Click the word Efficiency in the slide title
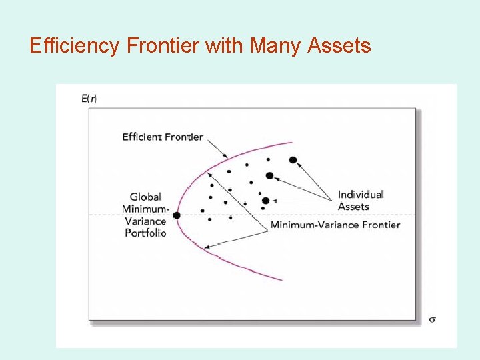pyautogui.click(x=73, y=46)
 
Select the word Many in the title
pyautogui.click(x=273, y=46)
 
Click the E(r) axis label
pyautogui.click(x=89, y=99)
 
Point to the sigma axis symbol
pyautogui.click(x=432, y=319)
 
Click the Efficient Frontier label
pyautogui.click(x=163, y=137)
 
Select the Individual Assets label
pyautogui.click(x=361, y=200)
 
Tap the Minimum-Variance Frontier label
pyautogui.click(x=335, y=225)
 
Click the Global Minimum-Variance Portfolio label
pyautogui.click(x=146, y=215)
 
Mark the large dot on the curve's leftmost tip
pyautogui.click(x=177, y=215)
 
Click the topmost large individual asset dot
pyautogui.click(x=293, y=160)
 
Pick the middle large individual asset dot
pyautogui.click(x=269, y=176)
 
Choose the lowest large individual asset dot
pyautogui.click(x=265, y=201)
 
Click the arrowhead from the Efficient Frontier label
pyautogui.click(x=225, y=157)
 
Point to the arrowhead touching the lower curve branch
pyautogui.click(x=207, y=247)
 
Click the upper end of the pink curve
pyautogui.click(x=291, y=143)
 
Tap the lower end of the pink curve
pyautogui.click(x=281, y=279)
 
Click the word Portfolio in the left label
pyautogui.click(x=146, y=233)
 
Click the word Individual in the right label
pyautogui.click(x=361, y=195)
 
